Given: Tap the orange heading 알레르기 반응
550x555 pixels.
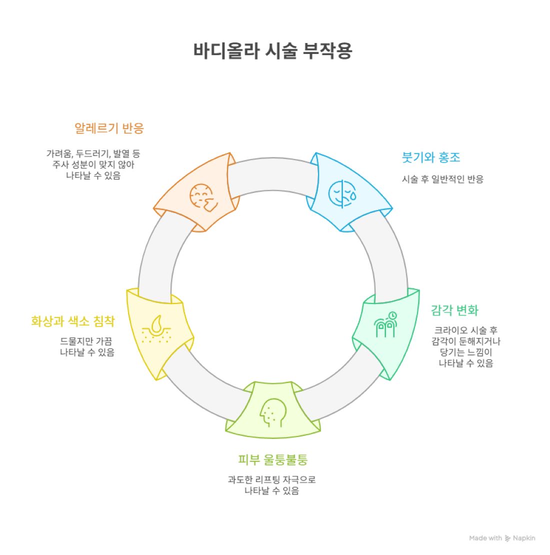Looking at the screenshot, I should click(109, 128).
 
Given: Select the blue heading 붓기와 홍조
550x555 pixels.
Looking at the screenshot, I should click(431, 157).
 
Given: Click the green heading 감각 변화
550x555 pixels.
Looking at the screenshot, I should click(454, 310).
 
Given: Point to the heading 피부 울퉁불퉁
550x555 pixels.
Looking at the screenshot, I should click(272, 459).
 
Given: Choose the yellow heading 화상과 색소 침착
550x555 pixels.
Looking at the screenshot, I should click(72, 321).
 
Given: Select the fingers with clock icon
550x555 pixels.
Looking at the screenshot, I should click(385, 324).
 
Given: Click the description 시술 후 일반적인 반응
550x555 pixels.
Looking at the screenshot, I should click(442, 179).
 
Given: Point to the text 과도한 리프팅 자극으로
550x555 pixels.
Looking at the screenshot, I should click(271, 480).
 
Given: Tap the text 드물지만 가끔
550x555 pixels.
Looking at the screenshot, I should click(86, 341).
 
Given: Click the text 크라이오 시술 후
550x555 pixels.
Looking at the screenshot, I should click(465, 330).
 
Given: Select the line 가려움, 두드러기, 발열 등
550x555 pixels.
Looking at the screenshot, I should click(93, 153).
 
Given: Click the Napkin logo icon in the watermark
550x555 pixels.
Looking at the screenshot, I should click(508, 538).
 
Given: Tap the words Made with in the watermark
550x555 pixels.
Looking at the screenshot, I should click(485, 538).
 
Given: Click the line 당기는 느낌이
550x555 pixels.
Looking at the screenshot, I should click(465, 352).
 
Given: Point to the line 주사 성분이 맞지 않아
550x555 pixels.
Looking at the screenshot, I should click(93, 164).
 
